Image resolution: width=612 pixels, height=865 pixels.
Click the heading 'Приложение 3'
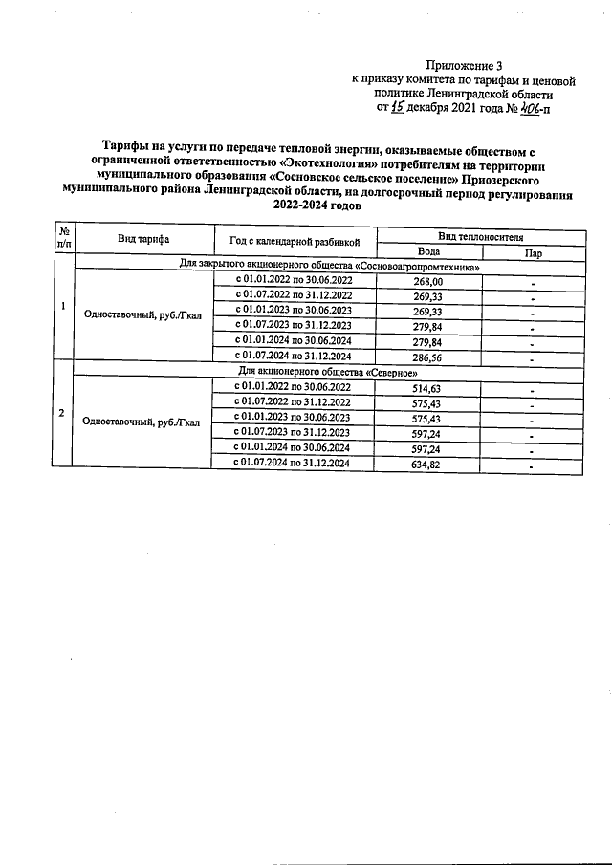pos(475,64)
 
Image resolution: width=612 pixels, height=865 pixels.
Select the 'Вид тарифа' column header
pos(144,239)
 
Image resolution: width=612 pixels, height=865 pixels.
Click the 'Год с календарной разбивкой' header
pos(294,240)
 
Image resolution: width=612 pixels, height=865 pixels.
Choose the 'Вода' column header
pos(428,253)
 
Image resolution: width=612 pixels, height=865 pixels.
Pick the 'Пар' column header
pos(532,253)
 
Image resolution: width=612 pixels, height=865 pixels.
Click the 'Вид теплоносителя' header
pos(480,235)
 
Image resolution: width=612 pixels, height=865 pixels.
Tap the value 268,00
pos(428,282)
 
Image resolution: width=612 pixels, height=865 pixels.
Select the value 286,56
pos(428,357)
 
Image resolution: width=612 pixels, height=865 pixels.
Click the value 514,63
pos(428,388)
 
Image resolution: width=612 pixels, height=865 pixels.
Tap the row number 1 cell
pos(63,306)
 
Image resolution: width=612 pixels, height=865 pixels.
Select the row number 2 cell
pos(63,413)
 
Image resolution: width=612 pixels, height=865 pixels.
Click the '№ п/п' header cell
pos(63,239)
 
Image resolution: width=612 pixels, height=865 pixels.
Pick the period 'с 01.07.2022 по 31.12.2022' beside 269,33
pos(294,296)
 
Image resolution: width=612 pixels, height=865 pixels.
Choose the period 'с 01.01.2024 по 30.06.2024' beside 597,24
pos(294,448)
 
